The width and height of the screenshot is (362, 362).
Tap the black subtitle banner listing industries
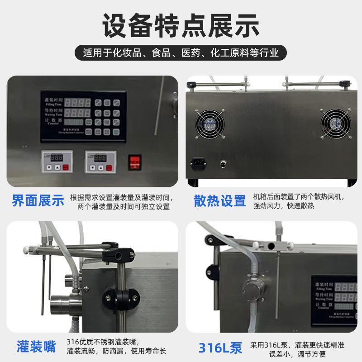[x=181, y=53]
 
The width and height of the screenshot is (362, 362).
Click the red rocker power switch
[x=135, y=162]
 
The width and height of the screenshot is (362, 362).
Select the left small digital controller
[x=57, y=162]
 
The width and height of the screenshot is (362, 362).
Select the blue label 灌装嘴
[x=36, y=347]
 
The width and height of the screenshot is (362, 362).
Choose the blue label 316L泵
[x=220, y=347]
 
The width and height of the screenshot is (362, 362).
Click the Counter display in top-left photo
[x=73, y=122]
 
